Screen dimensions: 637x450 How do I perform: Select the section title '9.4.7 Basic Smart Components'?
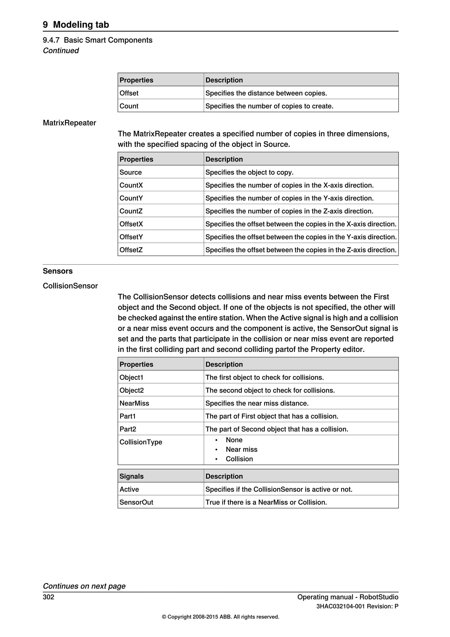pos(98,40)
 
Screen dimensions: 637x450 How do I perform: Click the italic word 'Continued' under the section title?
pos(61,51)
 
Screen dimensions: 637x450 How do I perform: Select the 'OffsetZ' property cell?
pos(131,250)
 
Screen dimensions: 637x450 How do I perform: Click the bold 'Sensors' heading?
pos(58,271)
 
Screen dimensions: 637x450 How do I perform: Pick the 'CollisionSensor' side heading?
pos(70,286)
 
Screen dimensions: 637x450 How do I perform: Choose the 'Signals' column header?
pos(131,476)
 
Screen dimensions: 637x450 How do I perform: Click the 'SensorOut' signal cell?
pos(136,502)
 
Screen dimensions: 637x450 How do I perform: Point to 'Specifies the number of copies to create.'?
pos(269,106)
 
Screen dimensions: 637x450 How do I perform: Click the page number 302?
pos(49,597)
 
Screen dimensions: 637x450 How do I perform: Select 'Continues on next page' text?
pos(84,586)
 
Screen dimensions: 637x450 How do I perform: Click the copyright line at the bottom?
pos(220,617)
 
